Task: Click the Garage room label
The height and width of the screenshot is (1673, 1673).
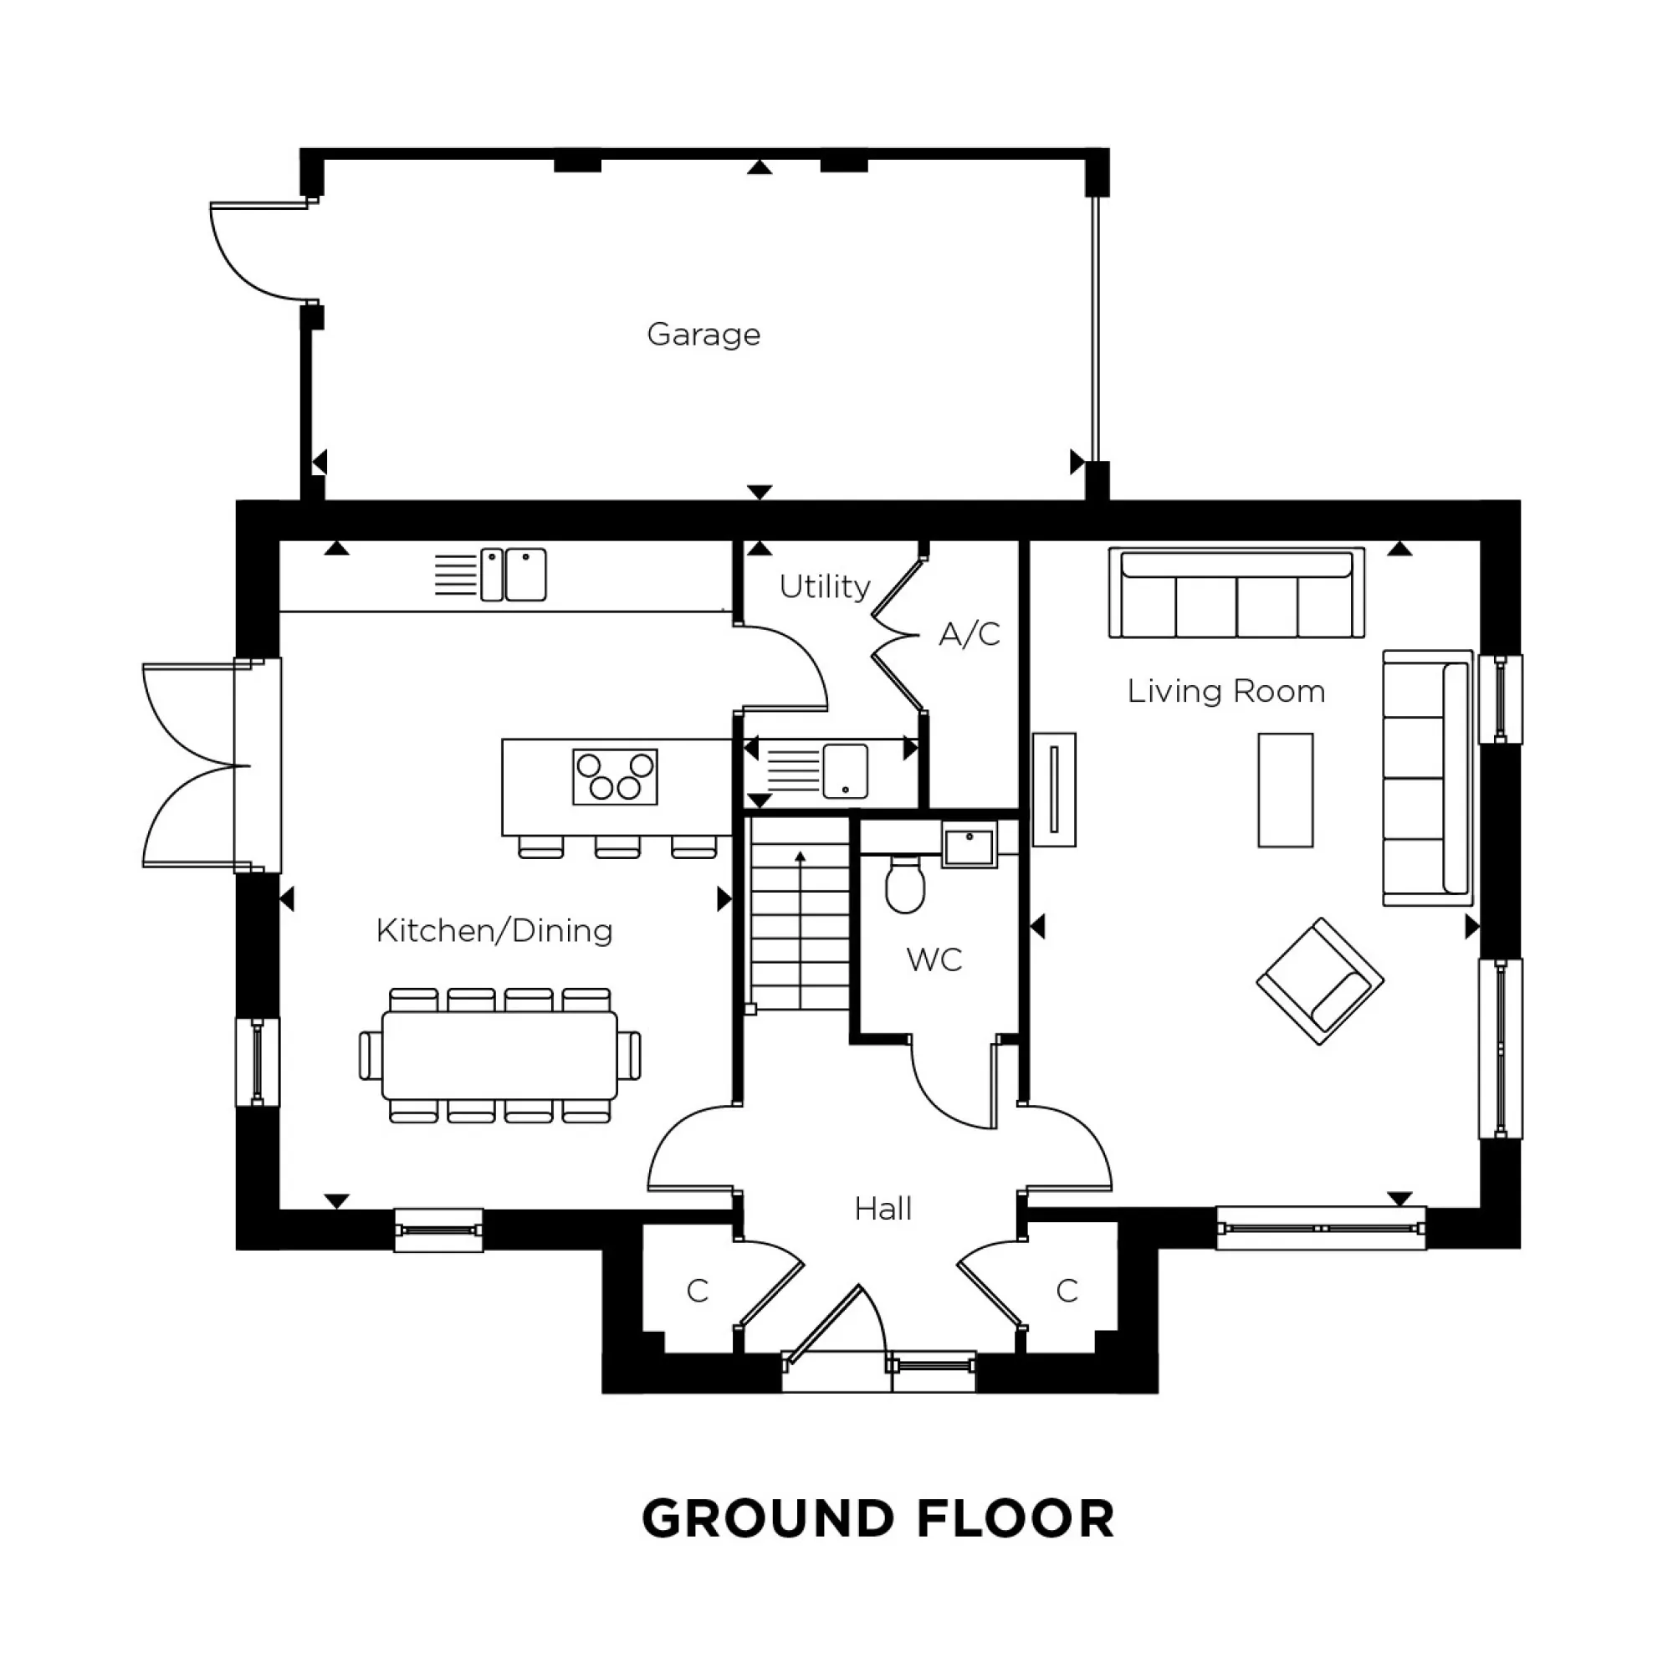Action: click(x=703, y=335)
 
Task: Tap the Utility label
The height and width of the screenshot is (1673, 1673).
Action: click(x=825, y=586)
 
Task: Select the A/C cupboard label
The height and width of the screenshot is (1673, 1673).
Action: click(x=969, y=634)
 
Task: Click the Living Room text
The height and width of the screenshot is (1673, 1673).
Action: click(x=1225, y=691)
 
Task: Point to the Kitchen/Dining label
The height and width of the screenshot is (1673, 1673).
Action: click(x=494, y=931)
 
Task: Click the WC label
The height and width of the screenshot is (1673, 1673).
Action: click(x=934, y=959)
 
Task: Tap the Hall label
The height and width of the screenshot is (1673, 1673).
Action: click(x=883, y=1209)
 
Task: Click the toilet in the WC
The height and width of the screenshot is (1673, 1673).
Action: click(x=905, y=885)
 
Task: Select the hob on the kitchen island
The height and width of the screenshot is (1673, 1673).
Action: click(x=615, y=776)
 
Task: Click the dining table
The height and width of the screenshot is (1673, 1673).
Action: click(x=499, y=1055)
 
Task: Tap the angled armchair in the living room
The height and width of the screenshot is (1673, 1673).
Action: click(x=1319, y=981)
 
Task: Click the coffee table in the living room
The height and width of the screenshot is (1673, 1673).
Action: click(x=1285, y=790)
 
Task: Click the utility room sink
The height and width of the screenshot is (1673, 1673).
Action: click(x=844, y=770)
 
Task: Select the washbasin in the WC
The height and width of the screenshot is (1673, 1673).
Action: click(x=968, y=843)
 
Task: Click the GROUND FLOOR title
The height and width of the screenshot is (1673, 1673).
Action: click(x=877, y=1542)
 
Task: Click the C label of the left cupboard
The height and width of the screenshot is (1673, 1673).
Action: click(x=697, y=1291)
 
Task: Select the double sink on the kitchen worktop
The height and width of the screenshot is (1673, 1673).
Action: click(x=513, y=574)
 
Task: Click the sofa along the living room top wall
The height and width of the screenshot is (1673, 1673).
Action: click(x=1236, y=592)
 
